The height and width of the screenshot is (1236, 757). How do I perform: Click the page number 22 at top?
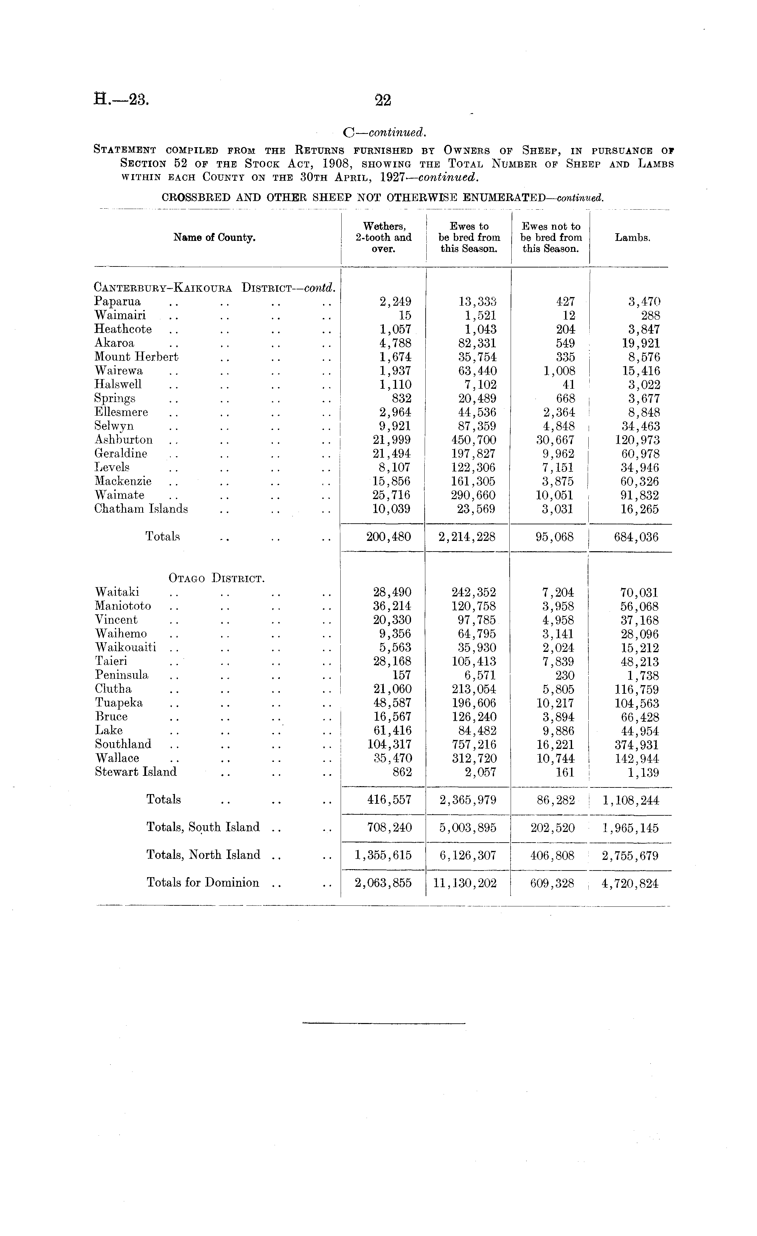[383, 100]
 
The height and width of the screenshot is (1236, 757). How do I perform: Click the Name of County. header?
[214, 238]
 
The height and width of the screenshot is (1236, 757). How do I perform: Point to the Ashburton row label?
[123, 440]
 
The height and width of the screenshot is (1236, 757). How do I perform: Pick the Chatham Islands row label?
[141, 509]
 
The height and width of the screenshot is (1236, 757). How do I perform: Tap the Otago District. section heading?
[216, 578]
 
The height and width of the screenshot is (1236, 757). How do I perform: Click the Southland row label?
[123, 744]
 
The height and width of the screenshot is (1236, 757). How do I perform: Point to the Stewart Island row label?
[135, 772]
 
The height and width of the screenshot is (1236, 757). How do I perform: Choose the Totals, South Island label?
[203, 827]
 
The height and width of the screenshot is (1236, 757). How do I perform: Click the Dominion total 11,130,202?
[465, 883]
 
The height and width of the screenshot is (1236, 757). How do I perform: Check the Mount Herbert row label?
[136, 357]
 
